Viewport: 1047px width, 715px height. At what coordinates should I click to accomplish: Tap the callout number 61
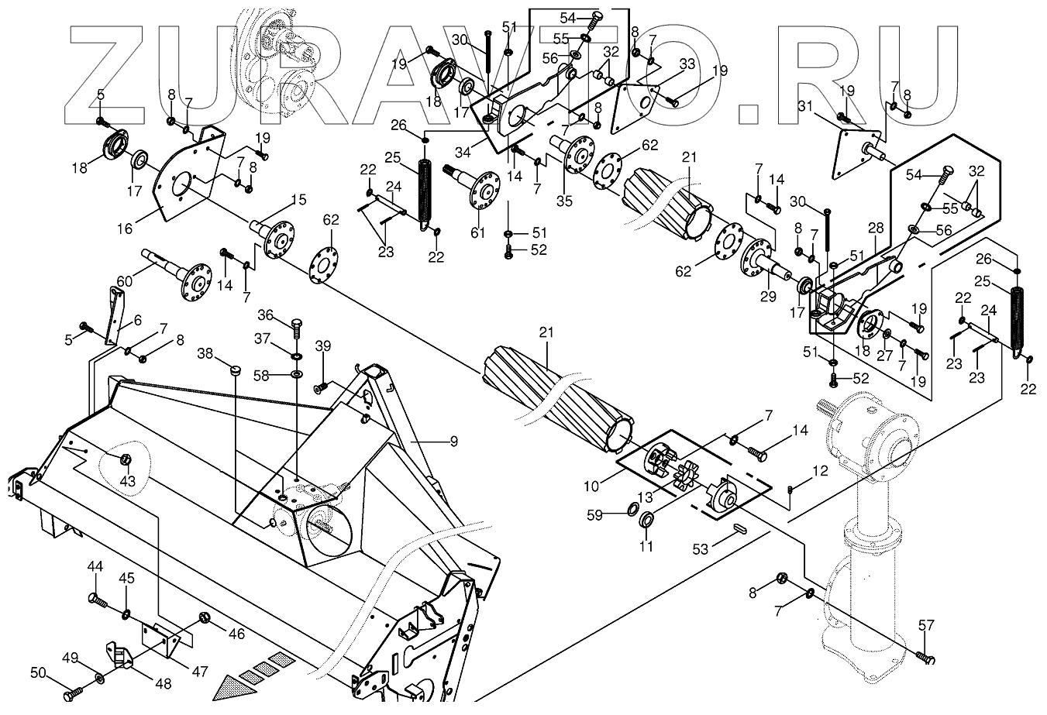pos(477,232)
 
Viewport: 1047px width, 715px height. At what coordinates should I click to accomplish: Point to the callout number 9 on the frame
pos(453,442)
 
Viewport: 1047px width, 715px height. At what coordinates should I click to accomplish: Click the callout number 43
pos(126,481)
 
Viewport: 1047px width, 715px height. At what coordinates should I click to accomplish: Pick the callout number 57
pos(926,625)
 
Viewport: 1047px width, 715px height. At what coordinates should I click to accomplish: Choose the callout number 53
pos(701,549)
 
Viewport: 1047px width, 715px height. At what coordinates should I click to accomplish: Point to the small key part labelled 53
pos(740,530)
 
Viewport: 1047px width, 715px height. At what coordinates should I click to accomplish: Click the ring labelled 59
pos(632,509)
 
